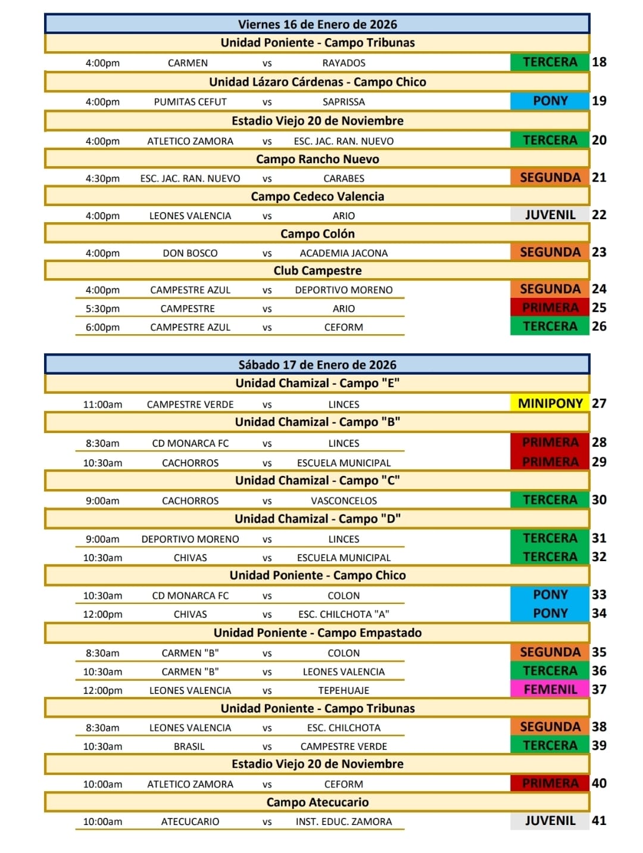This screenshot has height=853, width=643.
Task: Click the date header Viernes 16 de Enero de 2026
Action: coord(317,24)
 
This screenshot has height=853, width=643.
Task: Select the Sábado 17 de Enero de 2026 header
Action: coord(317,365)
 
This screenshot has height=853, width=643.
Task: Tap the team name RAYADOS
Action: coord(344,63)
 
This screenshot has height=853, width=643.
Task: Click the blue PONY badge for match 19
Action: coord(550,101)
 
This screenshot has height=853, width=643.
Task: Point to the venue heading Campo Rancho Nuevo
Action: coord(317,159)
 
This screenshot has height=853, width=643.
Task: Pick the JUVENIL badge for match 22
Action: coord(550,215)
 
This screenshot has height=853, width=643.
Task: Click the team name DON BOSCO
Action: coord(190,253)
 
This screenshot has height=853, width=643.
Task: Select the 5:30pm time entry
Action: coord(102,309)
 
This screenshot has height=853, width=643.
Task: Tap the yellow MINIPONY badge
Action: coord(550,403)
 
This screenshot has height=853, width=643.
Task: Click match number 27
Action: coord(599,403)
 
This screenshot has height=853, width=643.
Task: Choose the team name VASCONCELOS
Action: coord(344,501)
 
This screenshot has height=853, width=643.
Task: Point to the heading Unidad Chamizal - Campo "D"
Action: coord(317,519)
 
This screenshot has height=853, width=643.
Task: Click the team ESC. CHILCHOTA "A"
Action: coord(344,614)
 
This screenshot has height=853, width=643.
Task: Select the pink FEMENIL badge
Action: coord(550,690)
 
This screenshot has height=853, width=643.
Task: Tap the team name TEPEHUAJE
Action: coord(344,690)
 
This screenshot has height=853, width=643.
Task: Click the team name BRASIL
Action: coord(189,746)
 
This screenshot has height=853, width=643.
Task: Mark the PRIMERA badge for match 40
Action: coord(550,784)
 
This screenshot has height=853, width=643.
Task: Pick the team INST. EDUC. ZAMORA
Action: coord(344,821)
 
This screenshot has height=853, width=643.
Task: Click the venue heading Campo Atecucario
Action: coord(317,802)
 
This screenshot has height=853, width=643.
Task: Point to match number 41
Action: coord(599,821)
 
